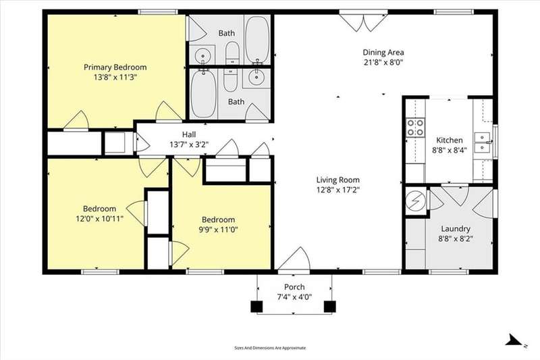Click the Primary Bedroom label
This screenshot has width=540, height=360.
[x=115, y=67]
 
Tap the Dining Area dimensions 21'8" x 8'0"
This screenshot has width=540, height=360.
[x=383, y=63]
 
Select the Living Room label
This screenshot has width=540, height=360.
[x=338, y=180]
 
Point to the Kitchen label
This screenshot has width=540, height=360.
[x=450, y=140]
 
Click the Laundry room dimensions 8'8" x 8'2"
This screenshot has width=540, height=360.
[x=456, y=238]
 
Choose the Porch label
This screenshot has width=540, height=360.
[x=294, y=287]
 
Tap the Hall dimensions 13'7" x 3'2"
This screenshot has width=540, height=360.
[x=189, y=145]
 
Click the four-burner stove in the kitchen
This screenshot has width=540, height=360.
[x=415, y=128]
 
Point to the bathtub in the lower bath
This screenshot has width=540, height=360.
[x=204, y=93]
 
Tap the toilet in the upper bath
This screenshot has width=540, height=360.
[x=232, y=53]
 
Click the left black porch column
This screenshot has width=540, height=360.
[x=256, y=307]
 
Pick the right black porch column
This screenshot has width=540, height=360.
[x=330, y=307]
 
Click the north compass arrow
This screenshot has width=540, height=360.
[x=514, y=339]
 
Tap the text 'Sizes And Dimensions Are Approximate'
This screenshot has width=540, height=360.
[x=270, y=348]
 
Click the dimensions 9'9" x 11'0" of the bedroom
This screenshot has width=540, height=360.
[x=218, y=230]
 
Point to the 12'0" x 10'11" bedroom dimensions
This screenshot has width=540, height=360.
[x=99, y=219]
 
